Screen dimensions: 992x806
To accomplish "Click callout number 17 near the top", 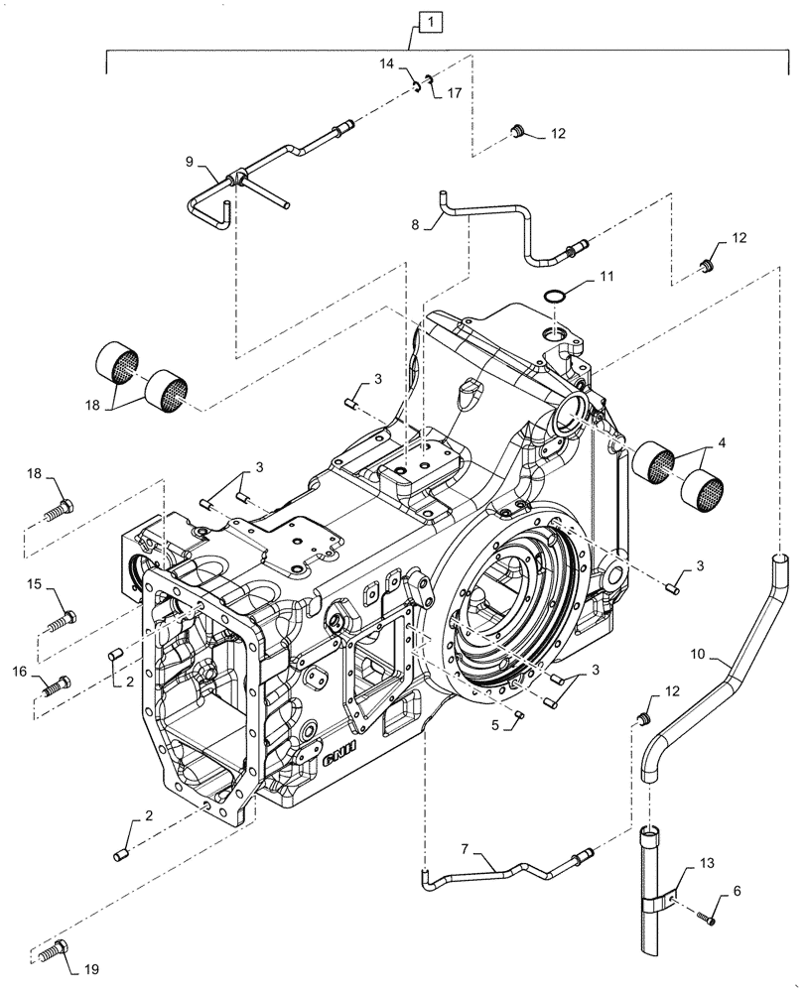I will pos(454,95).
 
